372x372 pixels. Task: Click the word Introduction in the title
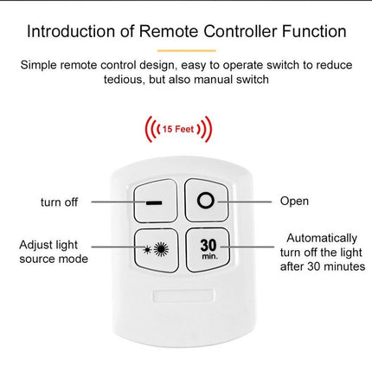[x=71, y=31]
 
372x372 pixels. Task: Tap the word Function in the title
[x=314, y=31]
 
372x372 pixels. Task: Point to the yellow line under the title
[x=187, y=50]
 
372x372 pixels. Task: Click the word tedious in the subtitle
[x=124, y=80]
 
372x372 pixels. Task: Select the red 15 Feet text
[x=178, y=129]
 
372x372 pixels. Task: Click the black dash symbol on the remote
[x=154, y=203]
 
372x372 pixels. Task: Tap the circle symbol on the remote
[x=206, y=201]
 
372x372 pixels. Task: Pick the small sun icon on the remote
[x=147, y=250]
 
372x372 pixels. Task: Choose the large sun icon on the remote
[x=161, y=250]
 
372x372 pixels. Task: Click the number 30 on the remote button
[x=208, y=246]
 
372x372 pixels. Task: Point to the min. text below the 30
[x=209, y=256]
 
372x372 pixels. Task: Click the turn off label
[x=59, y=202]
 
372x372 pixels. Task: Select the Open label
[x=294, y=202]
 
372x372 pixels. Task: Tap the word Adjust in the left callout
[x=35, y=246]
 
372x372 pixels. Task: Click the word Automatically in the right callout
[x=322, y=239]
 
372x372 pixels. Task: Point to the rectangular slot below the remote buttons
[x=183, y=296]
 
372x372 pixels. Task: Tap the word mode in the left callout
[x=75, y=259]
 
